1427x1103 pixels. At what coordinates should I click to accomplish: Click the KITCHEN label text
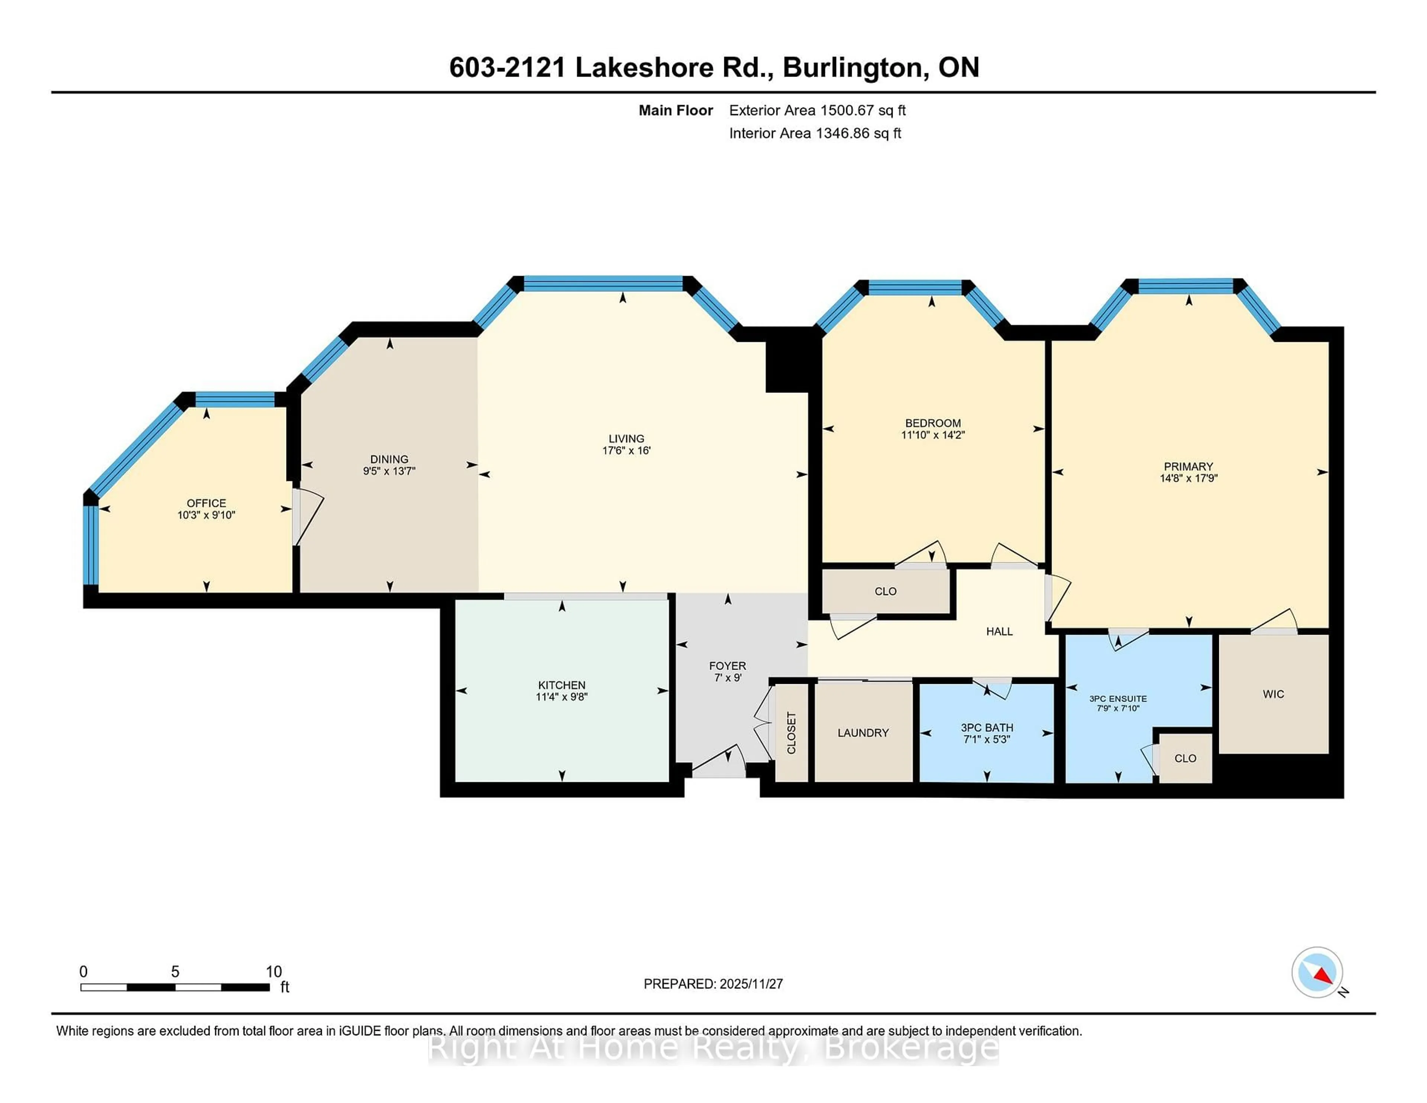coord(561,685)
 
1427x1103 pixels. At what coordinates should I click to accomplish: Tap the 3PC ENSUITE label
coord(1118,699)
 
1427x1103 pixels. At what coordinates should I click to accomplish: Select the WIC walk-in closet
coord(1273,694)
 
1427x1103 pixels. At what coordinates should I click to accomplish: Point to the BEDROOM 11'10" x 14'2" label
coord(932,428)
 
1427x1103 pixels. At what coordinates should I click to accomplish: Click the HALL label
coord(999,631)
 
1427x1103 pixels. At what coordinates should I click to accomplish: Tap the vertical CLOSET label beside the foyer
coord(791,732)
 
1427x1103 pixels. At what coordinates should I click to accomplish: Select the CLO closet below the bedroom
coord(885,591)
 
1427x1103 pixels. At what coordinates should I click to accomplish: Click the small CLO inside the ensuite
coord(1185,758)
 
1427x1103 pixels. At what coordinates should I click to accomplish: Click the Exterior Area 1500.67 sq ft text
coord(817,110)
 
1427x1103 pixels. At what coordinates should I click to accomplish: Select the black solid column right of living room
coord(787,366)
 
